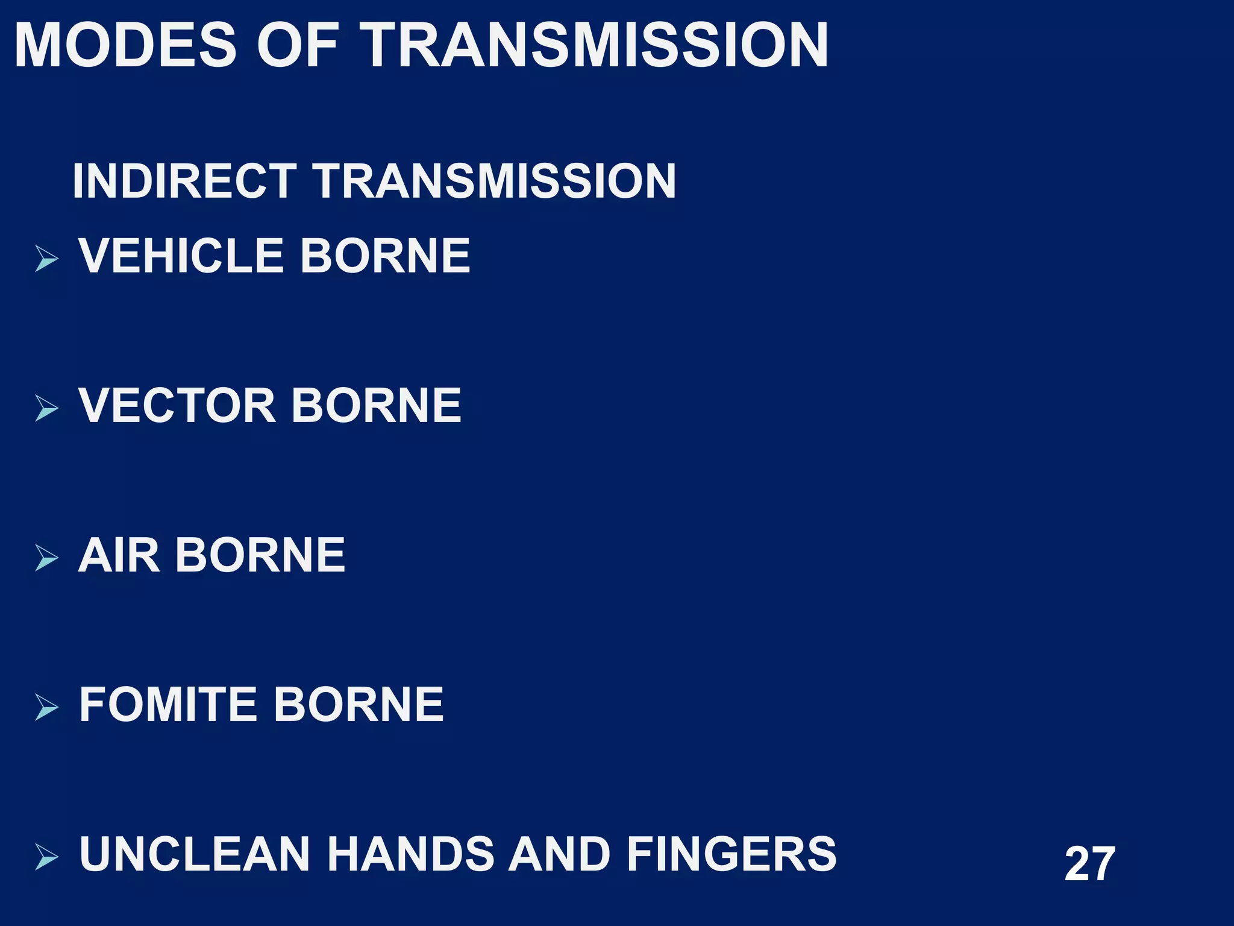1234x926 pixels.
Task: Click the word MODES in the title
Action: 125,46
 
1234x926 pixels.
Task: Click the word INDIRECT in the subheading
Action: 184,181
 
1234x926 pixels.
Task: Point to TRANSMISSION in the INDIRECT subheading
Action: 494,181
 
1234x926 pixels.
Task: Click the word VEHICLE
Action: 181,256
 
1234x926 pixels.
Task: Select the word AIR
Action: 119,555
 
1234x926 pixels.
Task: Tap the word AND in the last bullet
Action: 558,854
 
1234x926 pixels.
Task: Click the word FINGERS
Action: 731,854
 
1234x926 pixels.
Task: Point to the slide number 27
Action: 1089,865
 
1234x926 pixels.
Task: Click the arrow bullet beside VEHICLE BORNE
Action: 46,259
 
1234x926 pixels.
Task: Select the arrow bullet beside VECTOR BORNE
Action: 46,408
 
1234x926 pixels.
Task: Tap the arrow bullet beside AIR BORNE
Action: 46,558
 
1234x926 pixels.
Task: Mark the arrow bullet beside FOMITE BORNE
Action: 46,707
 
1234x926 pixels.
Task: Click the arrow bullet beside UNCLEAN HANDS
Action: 46,857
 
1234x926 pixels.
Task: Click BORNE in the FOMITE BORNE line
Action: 359,704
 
